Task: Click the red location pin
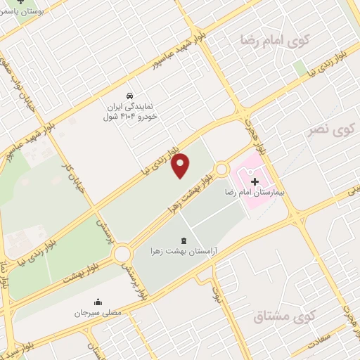click(181, 165)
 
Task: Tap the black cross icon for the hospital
click(255, 182)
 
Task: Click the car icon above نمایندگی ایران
click(129, 95)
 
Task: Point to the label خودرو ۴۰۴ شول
click(130, 117)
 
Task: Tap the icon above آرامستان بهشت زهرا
click(184, 240)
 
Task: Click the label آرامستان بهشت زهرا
click(184, 250)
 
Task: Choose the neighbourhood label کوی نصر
click(330, 130)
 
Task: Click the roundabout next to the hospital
click(222, 169)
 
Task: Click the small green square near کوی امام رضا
click(300, 68)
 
